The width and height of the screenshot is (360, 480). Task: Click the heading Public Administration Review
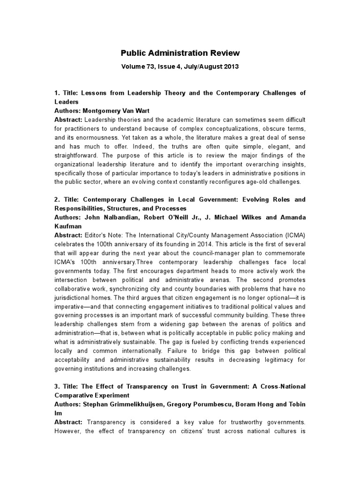coord(180,53)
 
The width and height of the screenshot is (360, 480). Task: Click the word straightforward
coord(78,155)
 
